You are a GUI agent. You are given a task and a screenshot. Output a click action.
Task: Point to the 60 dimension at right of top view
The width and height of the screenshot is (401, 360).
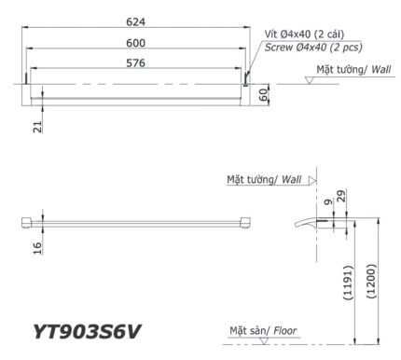264,95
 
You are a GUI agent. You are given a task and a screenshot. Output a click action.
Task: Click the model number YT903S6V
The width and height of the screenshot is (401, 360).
90,331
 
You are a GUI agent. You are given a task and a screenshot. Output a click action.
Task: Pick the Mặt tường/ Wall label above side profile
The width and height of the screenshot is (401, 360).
265,179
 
